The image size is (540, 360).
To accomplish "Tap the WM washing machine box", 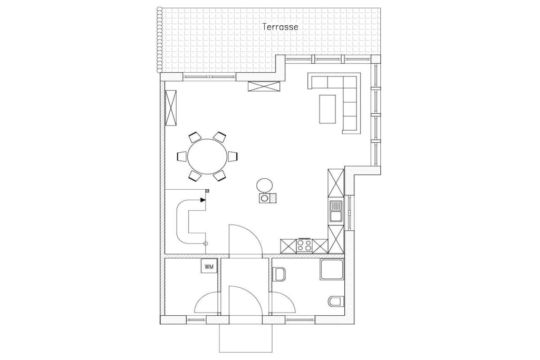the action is coord(209,266).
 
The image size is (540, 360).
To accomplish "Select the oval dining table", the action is coord(207,157).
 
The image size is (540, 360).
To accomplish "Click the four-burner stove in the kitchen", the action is coord(303,246).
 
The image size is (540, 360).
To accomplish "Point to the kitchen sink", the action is coord(336,211).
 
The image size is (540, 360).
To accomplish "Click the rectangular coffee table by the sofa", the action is coord(327,109).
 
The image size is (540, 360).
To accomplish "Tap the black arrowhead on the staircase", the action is coord(204,200).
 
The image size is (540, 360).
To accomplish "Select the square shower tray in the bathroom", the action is coord(332,269).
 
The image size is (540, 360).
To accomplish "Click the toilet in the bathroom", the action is coord(335,301).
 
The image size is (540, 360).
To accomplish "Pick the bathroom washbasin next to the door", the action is coord(279,274).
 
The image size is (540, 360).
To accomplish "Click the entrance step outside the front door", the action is coord(246,338).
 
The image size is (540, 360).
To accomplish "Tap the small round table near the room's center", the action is coord(265,185).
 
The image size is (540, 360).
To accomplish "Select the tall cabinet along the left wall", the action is coord(171,108).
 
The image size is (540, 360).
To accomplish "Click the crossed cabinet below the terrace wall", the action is coord(264,86).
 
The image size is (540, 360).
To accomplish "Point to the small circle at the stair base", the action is coord(206,244).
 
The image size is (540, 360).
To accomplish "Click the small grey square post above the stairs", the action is coord(207,191).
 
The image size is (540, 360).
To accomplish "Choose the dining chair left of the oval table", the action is coord(181,157).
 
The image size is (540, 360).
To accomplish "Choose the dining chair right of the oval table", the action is coord(234,157).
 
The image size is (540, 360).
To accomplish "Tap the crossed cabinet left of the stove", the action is coord(288,246).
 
